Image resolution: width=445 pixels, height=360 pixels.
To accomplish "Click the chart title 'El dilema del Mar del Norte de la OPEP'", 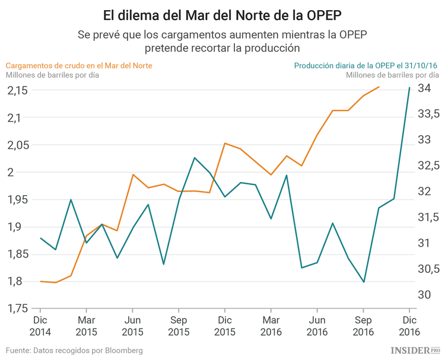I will coord(223,14).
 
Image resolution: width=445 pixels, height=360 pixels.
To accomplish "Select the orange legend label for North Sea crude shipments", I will coord(79,65).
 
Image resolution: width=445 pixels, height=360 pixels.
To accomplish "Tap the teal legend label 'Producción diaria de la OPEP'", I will coord(366,65).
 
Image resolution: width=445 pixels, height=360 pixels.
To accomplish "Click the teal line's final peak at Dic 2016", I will coord(409,88).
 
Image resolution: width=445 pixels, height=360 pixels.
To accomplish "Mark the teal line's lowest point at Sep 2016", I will coord(364,282).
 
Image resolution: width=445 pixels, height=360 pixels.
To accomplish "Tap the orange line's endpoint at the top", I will coord(379,87).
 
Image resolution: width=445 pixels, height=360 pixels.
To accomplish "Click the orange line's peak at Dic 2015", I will coord(225,143).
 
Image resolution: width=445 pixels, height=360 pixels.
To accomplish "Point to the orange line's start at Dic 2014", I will coord(40,281).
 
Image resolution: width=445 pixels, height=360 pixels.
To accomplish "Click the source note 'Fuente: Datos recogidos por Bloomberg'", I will coord(74,351).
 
